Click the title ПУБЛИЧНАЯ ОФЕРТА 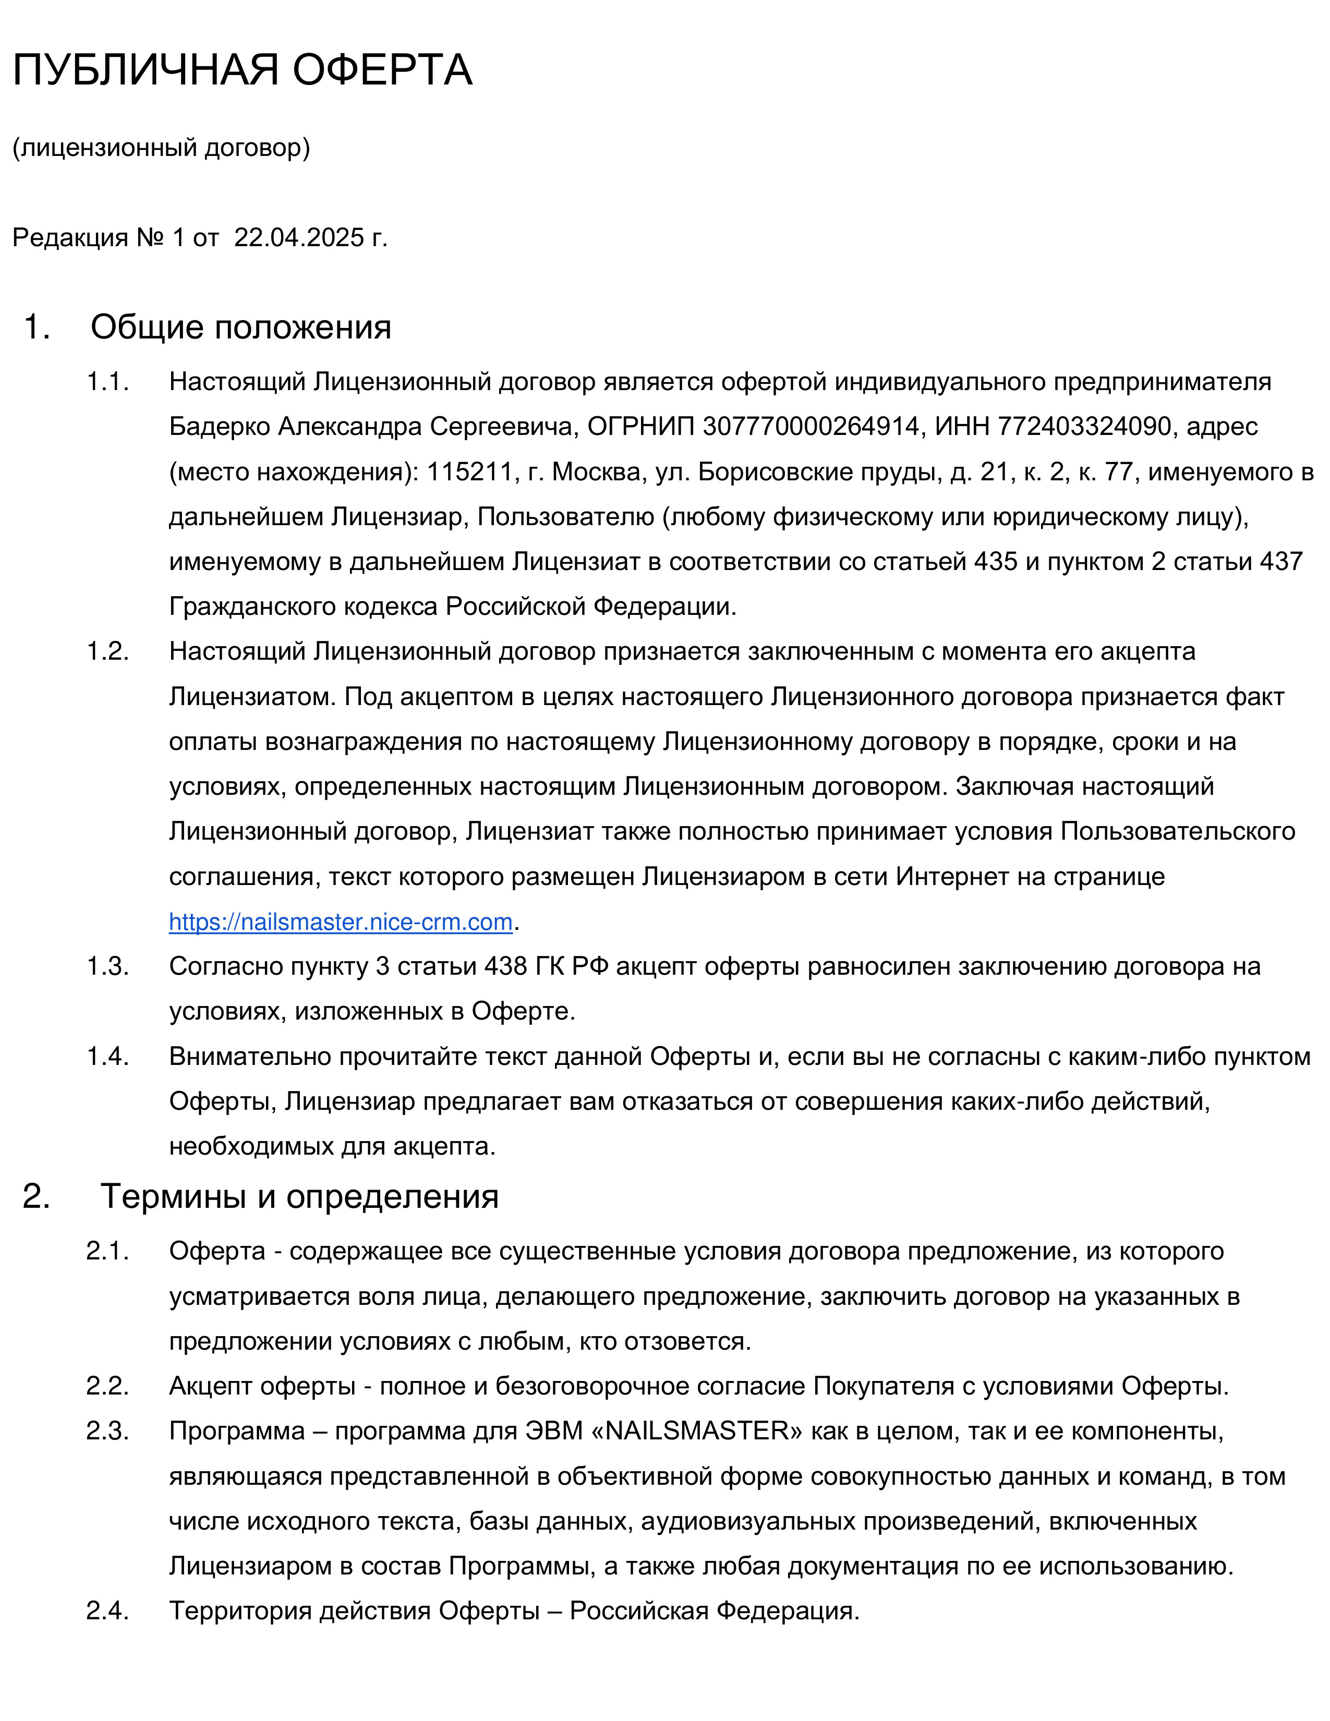tap(242, 69)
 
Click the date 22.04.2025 tap(299, 237)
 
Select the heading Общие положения tap(240, 327)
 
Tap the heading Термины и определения tap(299, 1196)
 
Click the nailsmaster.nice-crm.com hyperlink tap(341, 921)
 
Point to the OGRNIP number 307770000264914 tap(811, 426)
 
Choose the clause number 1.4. tap(107, 1056)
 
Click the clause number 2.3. tap(107, 1430)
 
